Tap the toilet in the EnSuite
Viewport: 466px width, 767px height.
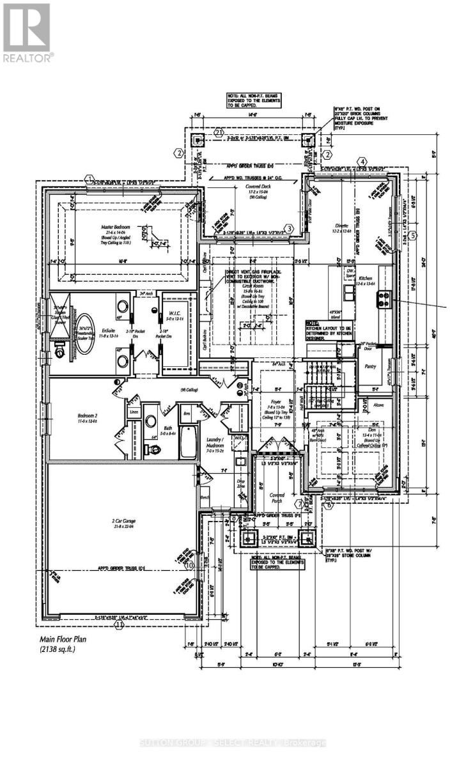(59, 350)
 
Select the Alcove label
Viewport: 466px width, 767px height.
(378, 404)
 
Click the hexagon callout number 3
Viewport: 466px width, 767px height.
(289, 228)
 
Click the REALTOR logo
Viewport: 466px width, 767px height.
(27, 32)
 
